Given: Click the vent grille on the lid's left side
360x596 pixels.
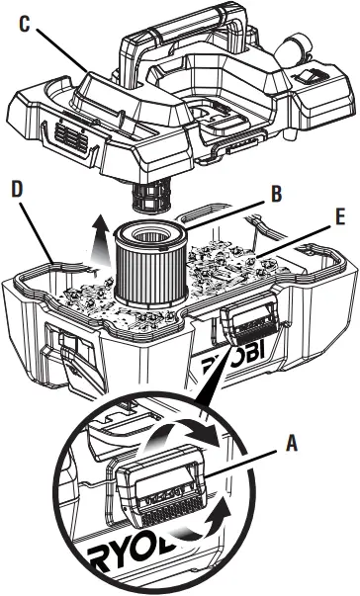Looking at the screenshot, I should (70, 132).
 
